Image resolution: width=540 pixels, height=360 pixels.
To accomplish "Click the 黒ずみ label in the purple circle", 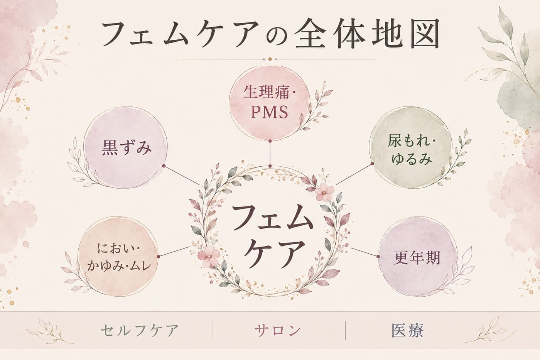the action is click(127, 148).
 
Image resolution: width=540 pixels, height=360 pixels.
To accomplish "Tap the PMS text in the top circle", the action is click(269, 112).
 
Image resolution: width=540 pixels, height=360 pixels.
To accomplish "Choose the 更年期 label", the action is click(417, 257).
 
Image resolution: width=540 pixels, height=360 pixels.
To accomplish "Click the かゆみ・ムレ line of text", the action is click(119, 266).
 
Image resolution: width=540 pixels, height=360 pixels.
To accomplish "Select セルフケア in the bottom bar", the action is click(140, 330).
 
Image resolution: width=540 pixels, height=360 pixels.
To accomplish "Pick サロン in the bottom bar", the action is click(278, 330).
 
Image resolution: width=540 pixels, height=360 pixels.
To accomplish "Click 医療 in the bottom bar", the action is click(407, 330).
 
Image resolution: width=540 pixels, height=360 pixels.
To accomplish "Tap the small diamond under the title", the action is click(270, 59).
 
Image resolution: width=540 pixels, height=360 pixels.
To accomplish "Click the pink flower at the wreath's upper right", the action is click(324, 192).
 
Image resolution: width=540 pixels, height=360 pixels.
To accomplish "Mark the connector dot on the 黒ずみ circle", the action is click(164, 166).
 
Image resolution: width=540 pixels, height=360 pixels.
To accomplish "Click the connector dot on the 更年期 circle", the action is click(378, 257).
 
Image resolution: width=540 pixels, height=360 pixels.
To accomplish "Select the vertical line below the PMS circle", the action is click(270, 153).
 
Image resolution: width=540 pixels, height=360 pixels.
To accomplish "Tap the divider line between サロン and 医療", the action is click(345, 330).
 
